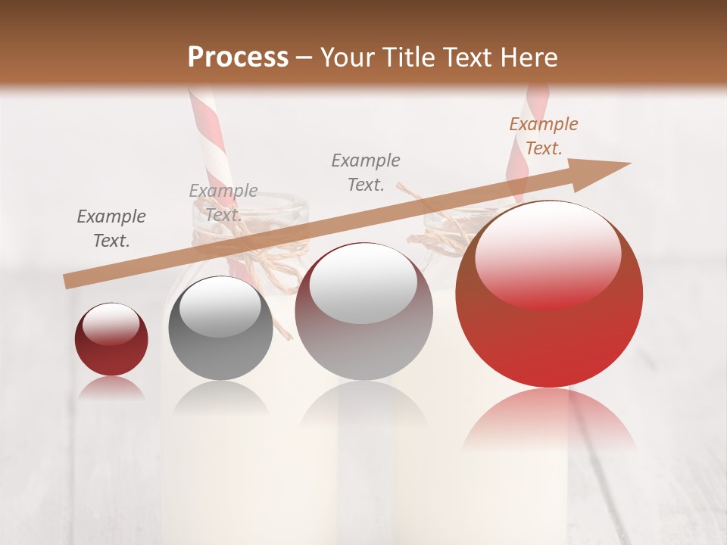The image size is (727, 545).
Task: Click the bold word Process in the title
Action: tap(238, 57)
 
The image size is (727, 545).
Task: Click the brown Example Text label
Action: tap(543, 136)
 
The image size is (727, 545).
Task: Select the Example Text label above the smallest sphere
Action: tap(111, 229)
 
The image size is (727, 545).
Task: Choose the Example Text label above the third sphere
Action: tap(366, 173)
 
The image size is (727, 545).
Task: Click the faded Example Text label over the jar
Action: tap(223, 203)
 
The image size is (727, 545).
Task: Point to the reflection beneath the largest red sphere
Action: tap(549, 416)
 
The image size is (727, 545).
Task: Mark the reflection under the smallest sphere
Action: tap(111, 388)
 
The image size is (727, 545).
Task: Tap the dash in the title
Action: tap(304, 58)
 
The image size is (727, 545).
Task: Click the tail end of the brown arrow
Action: tap(70, 282)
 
